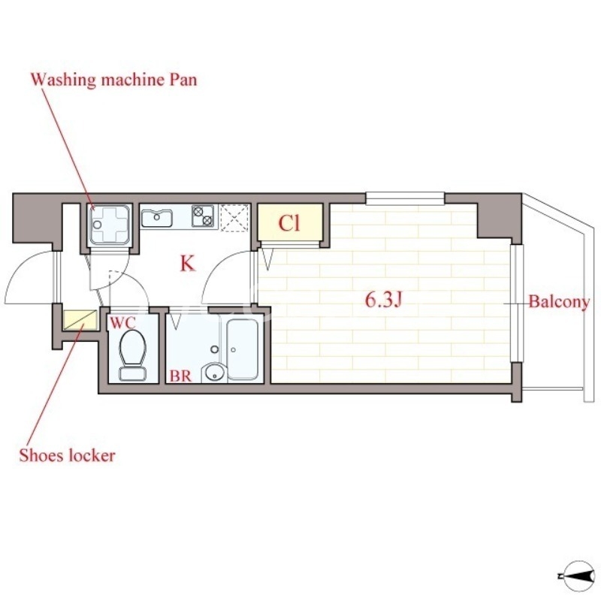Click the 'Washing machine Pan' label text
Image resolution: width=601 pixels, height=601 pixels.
(113, 80)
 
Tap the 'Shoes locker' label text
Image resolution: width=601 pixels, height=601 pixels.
(67, 455)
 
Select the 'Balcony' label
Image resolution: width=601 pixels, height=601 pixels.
(559, 302)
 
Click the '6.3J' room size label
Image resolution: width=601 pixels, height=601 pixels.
(383, 300)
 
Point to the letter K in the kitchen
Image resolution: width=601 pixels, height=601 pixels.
(188, 264)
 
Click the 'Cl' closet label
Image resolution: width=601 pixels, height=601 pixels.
(289, 223)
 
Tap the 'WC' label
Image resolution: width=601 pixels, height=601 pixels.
(122, 323)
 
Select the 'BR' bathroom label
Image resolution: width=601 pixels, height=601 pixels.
(180, 376)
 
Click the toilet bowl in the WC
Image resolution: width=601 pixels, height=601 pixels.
(133, 348)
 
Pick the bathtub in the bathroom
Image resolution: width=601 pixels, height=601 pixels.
(242, 349)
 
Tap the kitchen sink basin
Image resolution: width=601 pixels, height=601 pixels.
(157, 218)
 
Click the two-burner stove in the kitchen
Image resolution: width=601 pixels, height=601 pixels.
(203, 216)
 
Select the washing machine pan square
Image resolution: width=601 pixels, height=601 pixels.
(110, 224)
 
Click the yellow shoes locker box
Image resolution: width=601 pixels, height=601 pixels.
(80, 320)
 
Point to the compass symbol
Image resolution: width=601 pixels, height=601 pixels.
(578, 576)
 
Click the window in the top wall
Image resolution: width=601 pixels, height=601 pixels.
(405, 198)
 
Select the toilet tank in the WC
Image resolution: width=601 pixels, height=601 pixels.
(133, 373)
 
